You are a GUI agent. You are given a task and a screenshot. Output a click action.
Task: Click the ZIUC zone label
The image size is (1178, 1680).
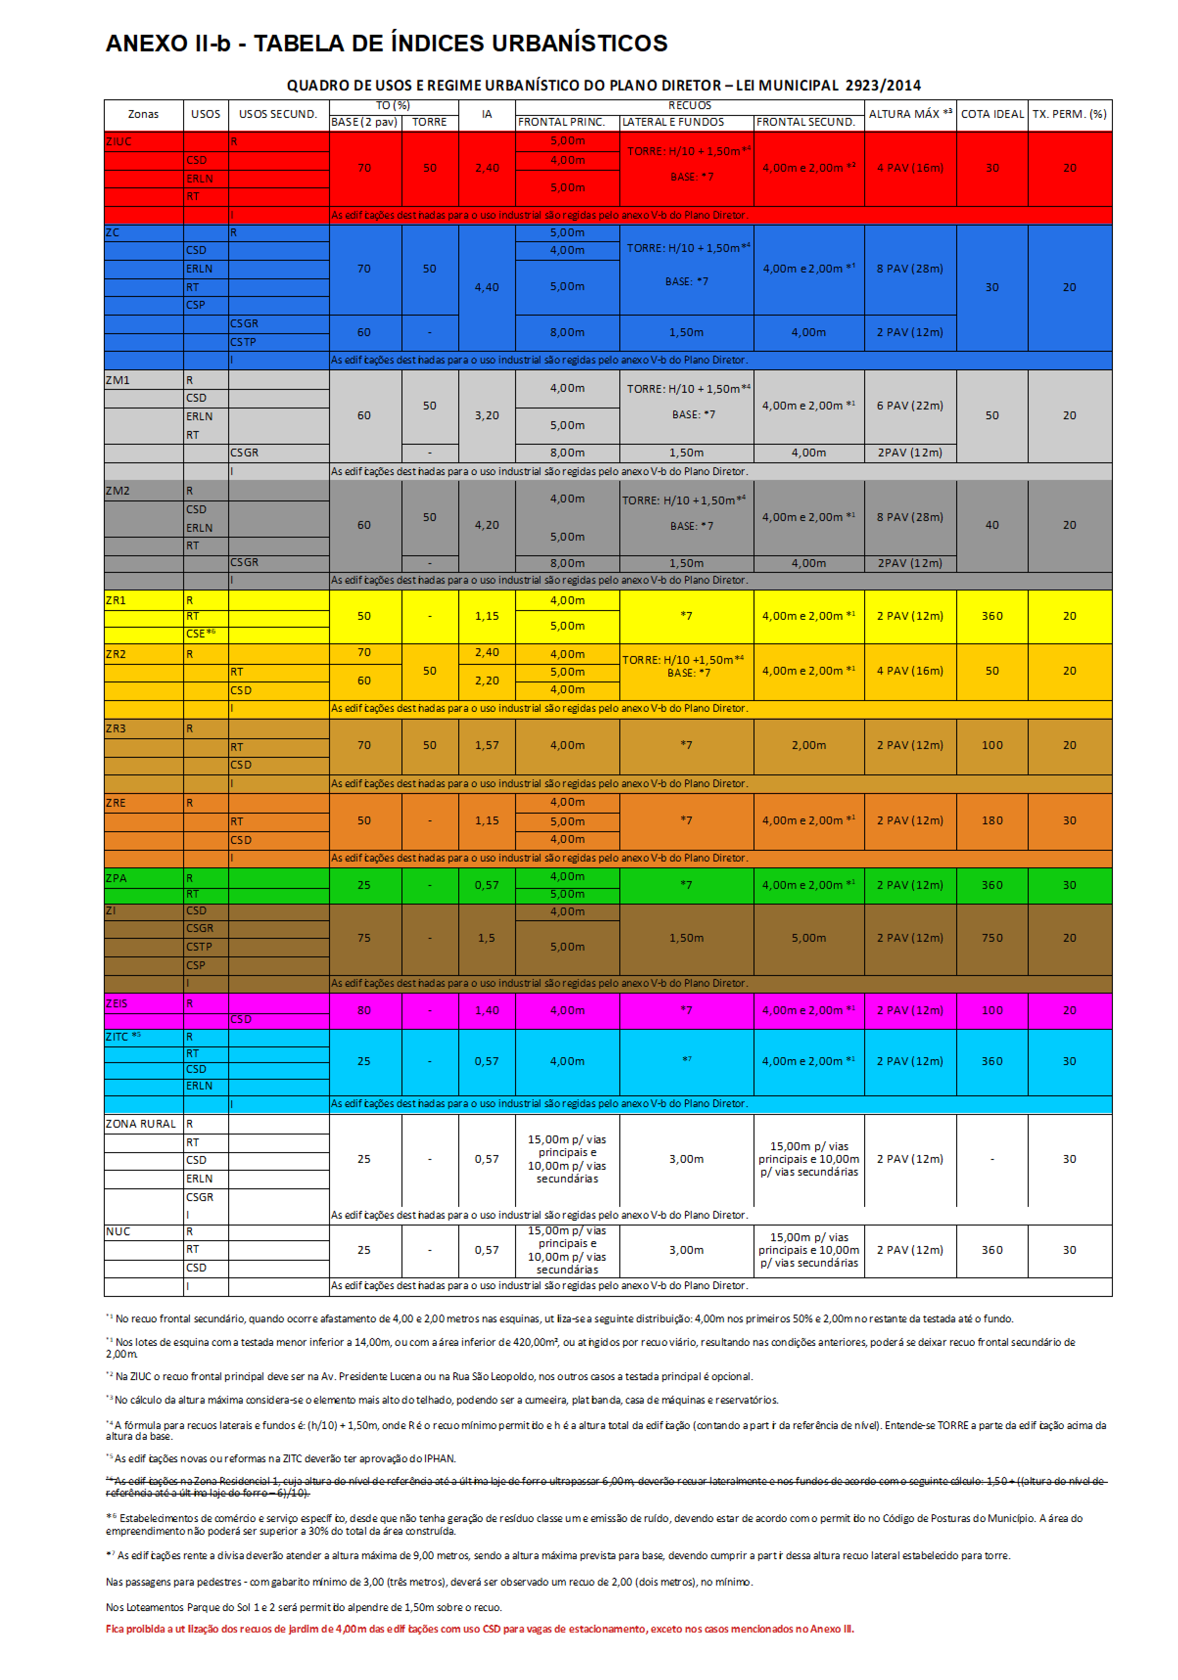tap(118, 141)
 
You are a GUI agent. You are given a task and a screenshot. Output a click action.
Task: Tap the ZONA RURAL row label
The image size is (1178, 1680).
tap(141, 1123)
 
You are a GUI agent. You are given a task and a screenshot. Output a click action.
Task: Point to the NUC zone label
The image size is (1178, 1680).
tap(118, 1231)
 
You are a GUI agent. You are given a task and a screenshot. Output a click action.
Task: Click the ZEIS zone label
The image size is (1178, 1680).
tap(117, 1003)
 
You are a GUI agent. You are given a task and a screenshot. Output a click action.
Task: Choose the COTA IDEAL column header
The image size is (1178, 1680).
tap(992, 114)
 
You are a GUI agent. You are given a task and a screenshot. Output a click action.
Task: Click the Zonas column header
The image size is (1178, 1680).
tap(143, 114)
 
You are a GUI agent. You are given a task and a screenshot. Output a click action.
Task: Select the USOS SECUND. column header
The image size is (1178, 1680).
tap(278, 114)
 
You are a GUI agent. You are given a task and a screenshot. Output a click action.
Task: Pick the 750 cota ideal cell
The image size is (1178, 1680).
tap(992, 938)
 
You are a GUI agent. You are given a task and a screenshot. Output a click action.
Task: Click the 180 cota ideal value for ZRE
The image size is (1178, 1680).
tap(992, 820)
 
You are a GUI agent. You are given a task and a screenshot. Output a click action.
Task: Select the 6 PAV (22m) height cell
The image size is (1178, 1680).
tap(910, 406)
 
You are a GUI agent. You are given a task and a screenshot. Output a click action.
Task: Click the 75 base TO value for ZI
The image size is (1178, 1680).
tap(364, 938)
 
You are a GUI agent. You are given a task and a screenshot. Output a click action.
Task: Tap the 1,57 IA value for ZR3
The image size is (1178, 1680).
tap(487, 745)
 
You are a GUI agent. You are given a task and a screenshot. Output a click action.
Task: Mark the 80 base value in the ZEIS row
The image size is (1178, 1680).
tap(364, 1010)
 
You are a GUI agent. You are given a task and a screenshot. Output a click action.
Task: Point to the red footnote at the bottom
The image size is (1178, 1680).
tap(479, 1629)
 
